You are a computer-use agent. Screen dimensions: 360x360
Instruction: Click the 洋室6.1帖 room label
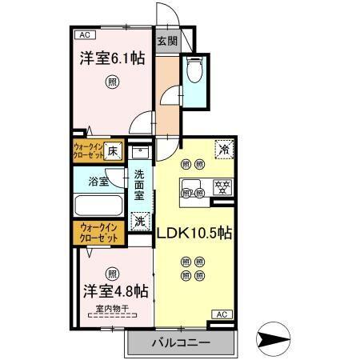click(112, 58)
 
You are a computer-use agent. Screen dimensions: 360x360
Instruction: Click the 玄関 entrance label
click(166, 42)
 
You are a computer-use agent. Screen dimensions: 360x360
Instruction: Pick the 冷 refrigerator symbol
click(225, 149)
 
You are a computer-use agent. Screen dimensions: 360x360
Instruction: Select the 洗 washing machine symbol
click(140, 221)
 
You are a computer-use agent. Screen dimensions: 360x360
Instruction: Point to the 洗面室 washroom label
click(139, 186)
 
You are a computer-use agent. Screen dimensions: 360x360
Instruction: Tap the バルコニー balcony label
click(181, 343)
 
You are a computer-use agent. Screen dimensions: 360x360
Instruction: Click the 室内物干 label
click(112, 309)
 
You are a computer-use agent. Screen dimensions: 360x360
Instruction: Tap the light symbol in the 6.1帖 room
click(113, 82)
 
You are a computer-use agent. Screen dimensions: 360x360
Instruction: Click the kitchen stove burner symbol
click(220, 190)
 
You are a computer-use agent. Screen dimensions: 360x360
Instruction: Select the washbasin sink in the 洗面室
click(140, 152)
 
